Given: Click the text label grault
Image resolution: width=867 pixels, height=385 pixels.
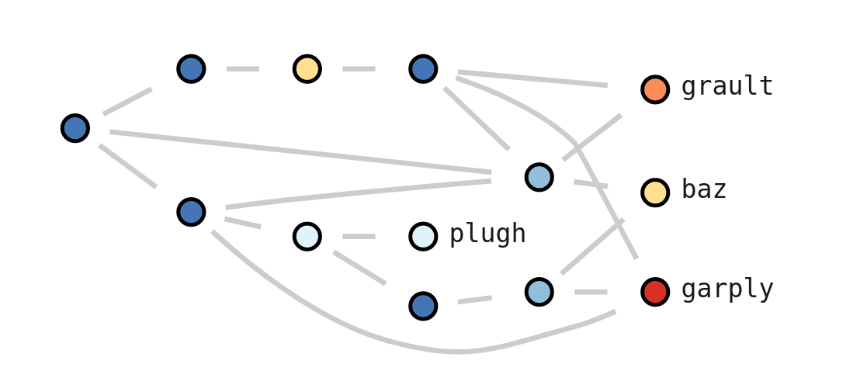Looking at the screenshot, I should click(x=727, y=87).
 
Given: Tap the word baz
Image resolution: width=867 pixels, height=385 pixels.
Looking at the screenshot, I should click(x=703, y=189).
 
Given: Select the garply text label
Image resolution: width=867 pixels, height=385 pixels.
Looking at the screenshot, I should click(x=727, y=290).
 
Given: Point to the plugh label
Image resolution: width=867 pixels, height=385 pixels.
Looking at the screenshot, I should click(x=487, y=234).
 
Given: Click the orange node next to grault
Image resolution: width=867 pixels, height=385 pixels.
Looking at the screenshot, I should click(x=655, y=89).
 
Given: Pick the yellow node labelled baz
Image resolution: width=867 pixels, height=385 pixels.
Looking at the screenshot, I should click(x=655, y=192).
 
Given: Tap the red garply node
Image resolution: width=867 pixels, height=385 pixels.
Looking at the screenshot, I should click(x=655, y=292).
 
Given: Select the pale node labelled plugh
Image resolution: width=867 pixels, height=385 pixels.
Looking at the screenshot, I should click(x=423, y=236).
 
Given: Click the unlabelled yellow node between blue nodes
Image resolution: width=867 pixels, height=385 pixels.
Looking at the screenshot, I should click(x=307, y=69).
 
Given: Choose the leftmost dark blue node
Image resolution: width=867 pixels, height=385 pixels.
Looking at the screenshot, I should click(x=75, y=128).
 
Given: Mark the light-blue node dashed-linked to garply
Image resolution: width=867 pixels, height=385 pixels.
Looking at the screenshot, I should click(x=539, y=292).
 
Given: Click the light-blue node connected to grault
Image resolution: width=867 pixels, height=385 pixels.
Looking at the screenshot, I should click(x=539, y=177).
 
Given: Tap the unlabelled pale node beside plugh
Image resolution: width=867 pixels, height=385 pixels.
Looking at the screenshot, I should click(x=307, y=236).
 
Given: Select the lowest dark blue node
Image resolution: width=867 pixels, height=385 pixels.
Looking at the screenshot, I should click(x=423, y=306).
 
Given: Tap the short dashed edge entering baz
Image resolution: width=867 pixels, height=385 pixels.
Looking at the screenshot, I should click(x=590, y=185).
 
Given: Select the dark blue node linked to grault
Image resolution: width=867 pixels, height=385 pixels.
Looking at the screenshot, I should click(x=423, y=69).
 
